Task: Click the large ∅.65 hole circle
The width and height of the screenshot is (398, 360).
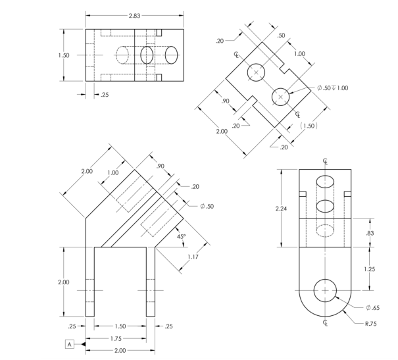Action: tap(325, 290)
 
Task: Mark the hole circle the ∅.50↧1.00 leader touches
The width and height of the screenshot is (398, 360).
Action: tap(281, 96)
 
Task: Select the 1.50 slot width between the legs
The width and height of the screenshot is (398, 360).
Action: tap(120, 326)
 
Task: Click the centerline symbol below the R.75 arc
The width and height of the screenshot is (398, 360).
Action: tap(325, 322)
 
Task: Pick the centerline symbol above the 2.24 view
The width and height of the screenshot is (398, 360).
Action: tap(325, 161)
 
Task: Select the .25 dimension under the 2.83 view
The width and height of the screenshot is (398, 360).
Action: tap(104, 95)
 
